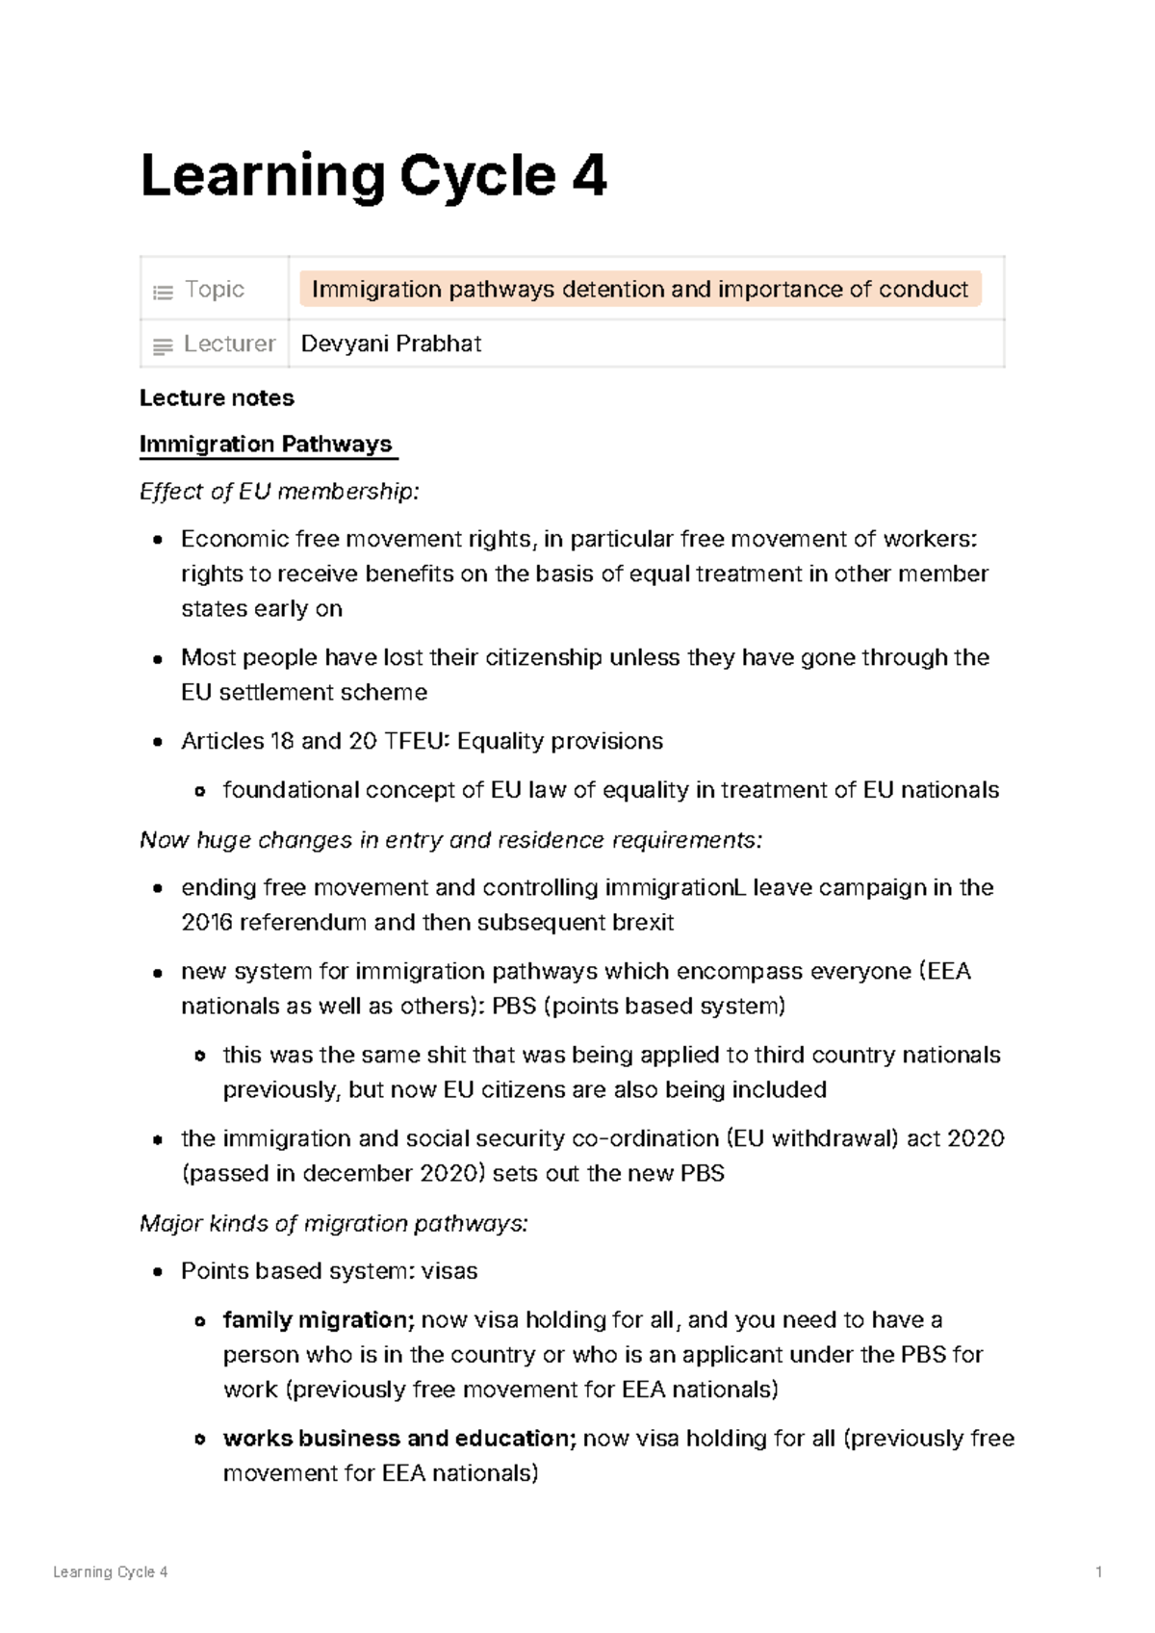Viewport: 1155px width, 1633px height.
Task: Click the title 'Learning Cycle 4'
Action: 373,176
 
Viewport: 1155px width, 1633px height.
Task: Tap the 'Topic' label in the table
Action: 214,290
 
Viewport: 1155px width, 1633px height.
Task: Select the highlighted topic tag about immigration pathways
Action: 639,290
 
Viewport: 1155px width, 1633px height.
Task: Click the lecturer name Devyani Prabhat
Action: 391,344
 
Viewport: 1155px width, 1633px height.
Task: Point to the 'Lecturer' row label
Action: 229,344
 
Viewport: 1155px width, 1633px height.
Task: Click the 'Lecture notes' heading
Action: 217,398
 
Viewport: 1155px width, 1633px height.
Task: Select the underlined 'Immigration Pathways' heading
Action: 266,445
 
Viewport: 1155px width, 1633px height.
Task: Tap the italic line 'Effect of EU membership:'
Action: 279,492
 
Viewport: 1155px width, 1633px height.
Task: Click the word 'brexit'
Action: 643,923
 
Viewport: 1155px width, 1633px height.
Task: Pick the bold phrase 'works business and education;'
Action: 399,1439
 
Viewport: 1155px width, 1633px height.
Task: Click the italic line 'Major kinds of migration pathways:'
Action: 334,1224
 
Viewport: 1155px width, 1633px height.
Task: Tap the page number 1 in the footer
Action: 1098,1572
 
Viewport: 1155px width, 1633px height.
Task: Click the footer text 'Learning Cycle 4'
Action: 111,1572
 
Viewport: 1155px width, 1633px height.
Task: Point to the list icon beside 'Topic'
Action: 163,292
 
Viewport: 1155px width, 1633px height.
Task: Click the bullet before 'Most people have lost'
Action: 157,659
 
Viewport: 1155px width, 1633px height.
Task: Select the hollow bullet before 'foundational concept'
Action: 199,791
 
